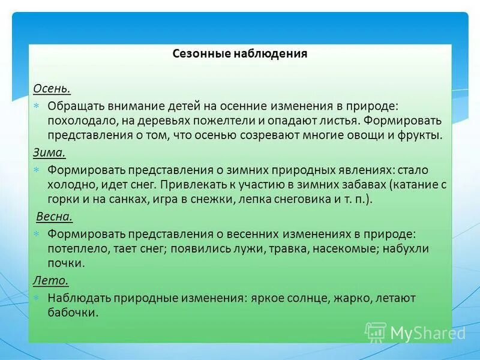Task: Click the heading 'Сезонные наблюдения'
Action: pyautogui.click(x=240, y=54)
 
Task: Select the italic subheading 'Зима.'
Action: pyautogui.click(x=49, y=153)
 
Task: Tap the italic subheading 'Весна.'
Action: pyautogui.click(x=55, y=217)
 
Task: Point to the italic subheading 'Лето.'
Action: pyautogui.click(x=50, y=280)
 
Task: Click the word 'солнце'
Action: pyautogui.click(x=305, y=298)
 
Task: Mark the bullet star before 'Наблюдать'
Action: pyautogui.click(x=37, y=298)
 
